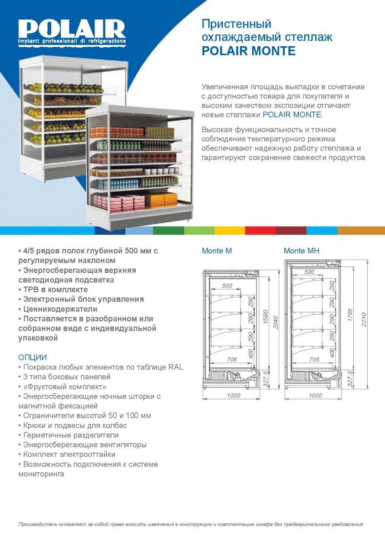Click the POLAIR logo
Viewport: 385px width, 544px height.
pos(72,32)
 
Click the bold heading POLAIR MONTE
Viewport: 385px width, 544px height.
pos(248,51)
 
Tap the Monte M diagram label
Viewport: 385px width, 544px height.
pos(217,251)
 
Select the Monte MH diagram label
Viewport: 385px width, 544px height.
pos(301,251)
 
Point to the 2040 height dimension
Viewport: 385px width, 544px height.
pos(275,322)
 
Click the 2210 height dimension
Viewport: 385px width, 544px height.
pos(364,320)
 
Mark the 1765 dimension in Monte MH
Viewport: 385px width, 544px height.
pos(350,315)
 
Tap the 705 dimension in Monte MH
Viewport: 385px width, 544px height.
pos(314,359)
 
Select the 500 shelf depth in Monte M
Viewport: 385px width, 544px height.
pos(227,286)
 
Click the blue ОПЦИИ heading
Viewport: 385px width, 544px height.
pos(33,358)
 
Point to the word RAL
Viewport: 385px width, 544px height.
pos(176,367)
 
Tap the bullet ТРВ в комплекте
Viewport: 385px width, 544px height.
pos(53,290)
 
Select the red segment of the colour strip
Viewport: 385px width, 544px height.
pos(260,230)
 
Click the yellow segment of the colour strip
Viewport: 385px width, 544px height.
pos(230,230)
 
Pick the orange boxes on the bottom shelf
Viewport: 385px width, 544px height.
pos(161,200)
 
